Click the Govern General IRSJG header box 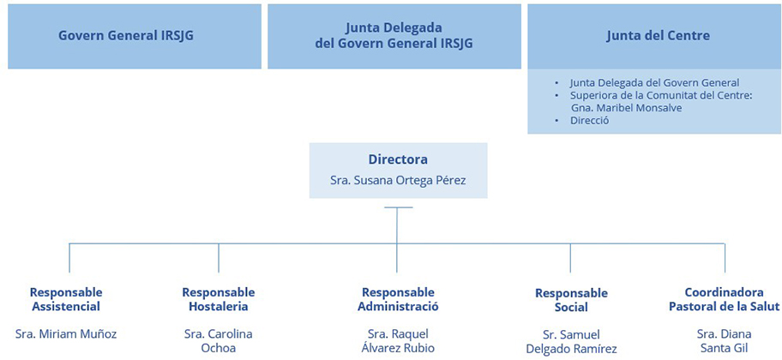point(135,36)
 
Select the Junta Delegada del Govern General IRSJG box point(394,36)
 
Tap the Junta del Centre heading point(659,36)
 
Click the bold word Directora point(398,159)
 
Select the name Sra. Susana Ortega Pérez point(398,180)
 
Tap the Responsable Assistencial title point(66,299)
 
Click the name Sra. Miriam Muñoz point(66,333)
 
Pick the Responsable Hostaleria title point(219,299)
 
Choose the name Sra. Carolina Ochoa point(219,340)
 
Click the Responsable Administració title point(398,299)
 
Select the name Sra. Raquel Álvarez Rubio point(398,340)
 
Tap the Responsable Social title point(572,300)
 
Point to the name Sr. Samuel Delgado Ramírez point(572,341)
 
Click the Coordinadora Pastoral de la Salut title point(725,299)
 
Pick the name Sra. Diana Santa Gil point(725,340)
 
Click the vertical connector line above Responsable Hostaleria point(219,258)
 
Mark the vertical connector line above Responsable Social point(570,258)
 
